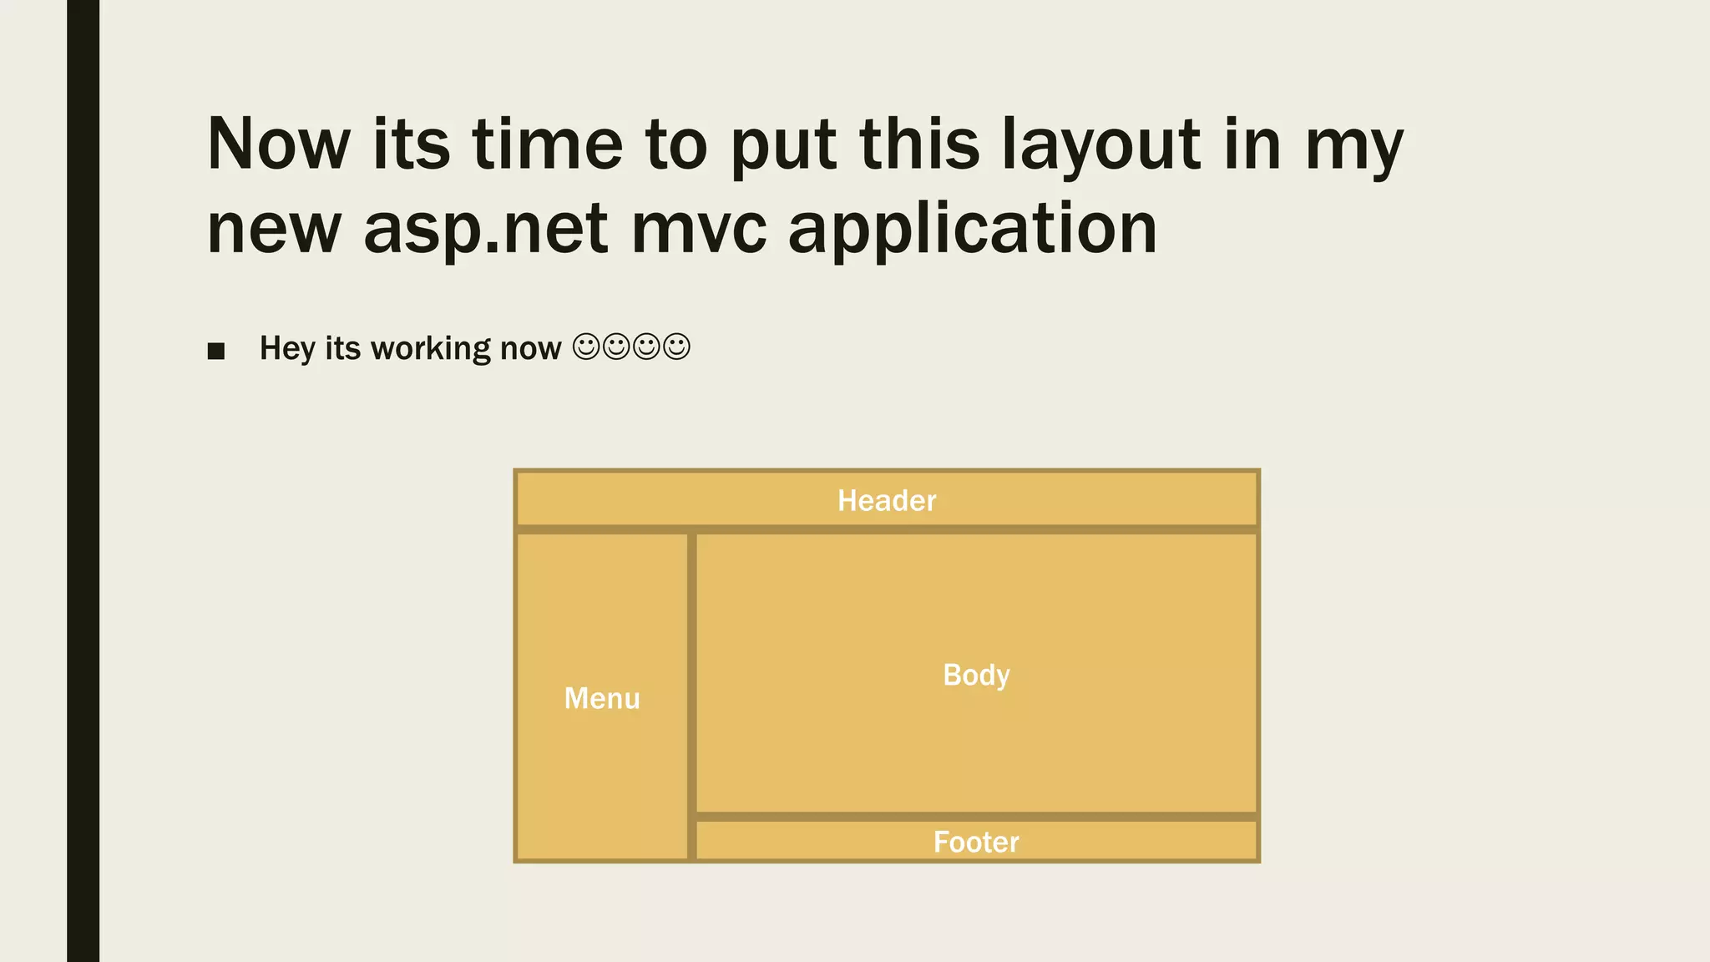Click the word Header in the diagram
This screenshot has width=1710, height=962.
coord(887,500)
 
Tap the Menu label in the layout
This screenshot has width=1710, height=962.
coord(602,698)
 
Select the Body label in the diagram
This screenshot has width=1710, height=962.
coord(976,675)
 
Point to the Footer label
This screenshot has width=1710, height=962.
coord(976,842)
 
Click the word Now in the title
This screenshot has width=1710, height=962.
coord(278,144)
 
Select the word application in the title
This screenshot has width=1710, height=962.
coord(973,230)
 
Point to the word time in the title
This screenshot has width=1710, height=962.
coord(547,144)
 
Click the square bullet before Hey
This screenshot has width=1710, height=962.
coord(216,351)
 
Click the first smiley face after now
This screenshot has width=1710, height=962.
coord(586,347)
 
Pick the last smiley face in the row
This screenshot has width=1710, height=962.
coord(676,347)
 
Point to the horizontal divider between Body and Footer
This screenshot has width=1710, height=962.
coord(976,816)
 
